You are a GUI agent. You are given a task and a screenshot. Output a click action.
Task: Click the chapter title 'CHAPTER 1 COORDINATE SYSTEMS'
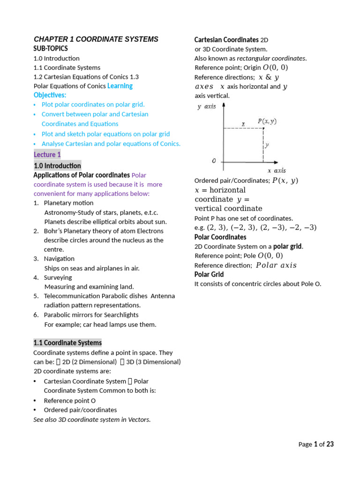(x=96, y=39)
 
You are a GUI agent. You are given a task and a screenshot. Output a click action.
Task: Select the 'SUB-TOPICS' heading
(x=51, y=49)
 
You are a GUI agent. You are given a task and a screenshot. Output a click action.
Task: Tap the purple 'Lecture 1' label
(x=47, y=155)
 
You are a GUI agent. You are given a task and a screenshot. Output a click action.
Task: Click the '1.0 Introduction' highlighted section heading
(x=57, y=166)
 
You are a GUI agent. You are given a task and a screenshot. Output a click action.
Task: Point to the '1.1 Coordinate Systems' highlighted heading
(x=67, y=343)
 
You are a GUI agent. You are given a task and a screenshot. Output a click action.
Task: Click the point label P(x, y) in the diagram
(x=267, y=121)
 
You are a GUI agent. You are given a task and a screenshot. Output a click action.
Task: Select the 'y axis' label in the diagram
(x=207, y=106)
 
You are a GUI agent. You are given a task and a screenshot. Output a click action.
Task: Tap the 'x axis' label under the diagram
(x=277, y=171)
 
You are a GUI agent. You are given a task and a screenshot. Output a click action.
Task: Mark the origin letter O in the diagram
(x=214, y=161)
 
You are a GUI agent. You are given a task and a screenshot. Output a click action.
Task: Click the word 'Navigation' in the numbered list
(x=59, y=259)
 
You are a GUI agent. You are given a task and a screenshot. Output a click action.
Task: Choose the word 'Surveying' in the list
(x=58, y=277)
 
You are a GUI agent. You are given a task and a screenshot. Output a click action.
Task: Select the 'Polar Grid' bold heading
(x=209, y=274)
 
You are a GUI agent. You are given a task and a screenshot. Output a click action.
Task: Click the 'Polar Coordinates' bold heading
(x=220, y=237)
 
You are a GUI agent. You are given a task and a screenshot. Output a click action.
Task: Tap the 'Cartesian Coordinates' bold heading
(x=226, y=40)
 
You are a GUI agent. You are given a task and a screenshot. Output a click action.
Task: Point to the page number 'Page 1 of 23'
(x=316, y=444)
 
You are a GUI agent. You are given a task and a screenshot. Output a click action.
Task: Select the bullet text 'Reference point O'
(x=70, y=400)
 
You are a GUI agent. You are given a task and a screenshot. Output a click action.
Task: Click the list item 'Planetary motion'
(x=68, y=203)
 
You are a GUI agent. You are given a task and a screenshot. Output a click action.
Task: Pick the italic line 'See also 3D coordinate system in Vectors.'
(x=92, y=420)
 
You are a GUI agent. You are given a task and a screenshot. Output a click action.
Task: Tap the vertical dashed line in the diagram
(x=263, y=145)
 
